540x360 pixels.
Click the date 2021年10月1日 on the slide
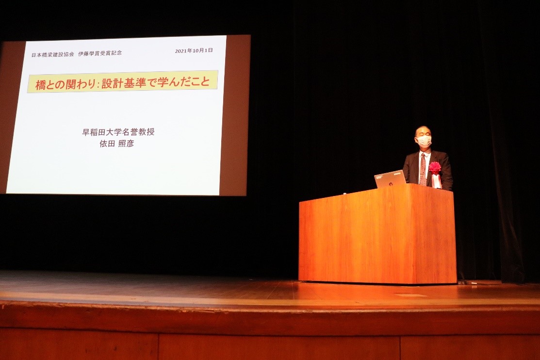194,50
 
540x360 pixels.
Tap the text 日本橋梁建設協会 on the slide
53,54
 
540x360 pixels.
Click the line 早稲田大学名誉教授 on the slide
118,132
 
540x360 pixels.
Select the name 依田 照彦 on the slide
116,143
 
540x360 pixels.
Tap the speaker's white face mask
424,141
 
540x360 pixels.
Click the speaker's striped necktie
423,169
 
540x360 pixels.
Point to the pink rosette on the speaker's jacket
435,167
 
